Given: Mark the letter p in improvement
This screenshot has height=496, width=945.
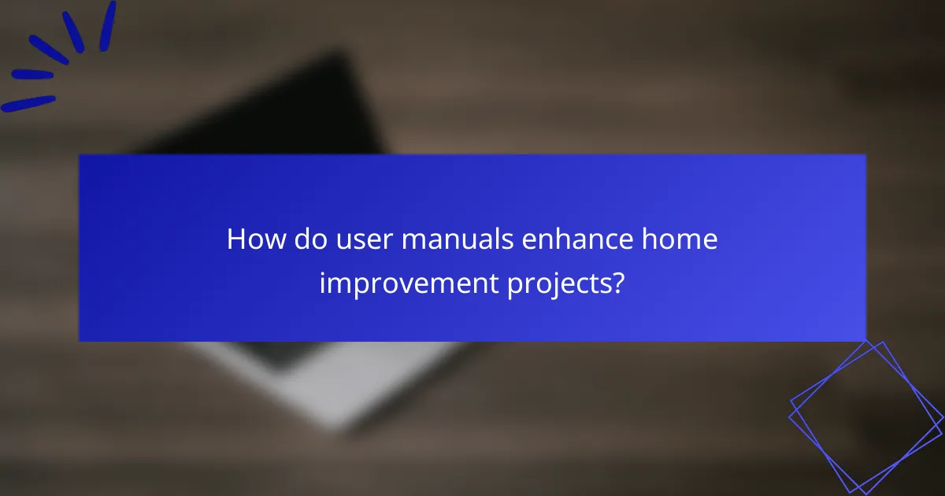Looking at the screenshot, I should pos(361,286).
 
